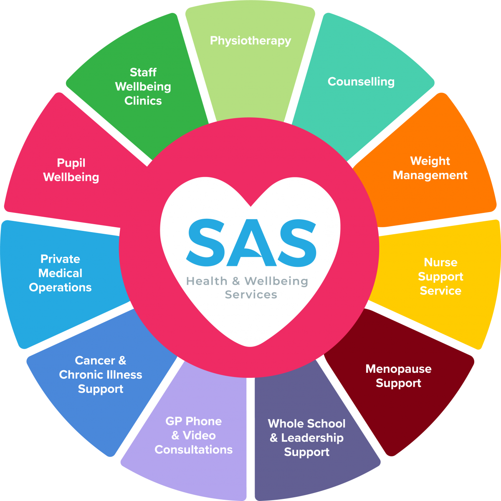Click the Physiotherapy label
(x=250, y=41)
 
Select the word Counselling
(x=361, y=81)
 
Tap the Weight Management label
(x=430, y=168)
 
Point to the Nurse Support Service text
(x=440, y=276)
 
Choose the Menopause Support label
(x=398, y=376)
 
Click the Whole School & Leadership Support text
(x=306, y=438)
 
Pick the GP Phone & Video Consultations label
(x=194, y=435)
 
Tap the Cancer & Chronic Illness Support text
(x=101, y=374)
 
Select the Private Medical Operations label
(x=61, y=273)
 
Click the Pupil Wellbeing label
(x=71, y=170)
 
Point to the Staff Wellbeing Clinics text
(x=143, y=86)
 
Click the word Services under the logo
(x=251, y=295)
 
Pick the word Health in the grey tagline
(x=207, y=281)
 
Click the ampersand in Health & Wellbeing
(x=236, y=281)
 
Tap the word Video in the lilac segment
(x=200, y=435)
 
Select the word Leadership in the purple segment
(x=312, y=438)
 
